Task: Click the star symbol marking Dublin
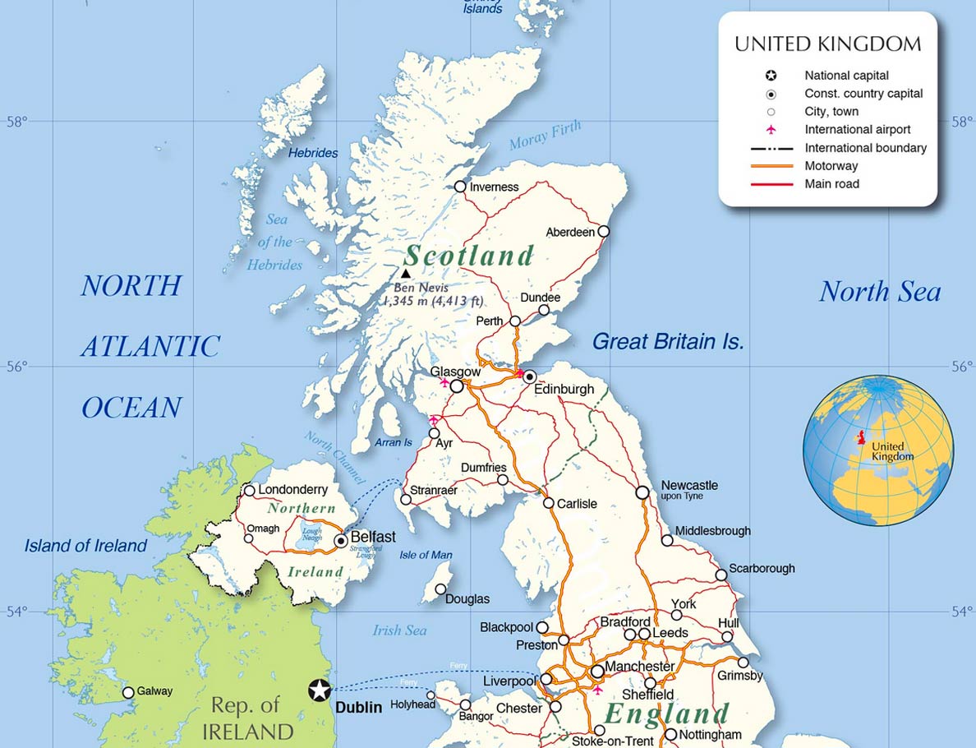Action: [x=320, y=690]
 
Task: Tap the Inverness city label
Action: [x=494, y=187]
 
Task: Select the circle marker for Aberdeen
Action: [x=604, y=232]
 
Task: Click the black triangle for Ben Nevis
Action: [x=406, y=274]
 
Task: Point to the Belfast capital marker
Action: [x=341, y=541]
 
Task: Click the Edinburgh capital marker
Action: [x=530, y=376]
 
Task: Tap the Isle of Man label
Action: [x=426, y=555]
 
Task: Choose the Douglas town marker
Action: [x=441, y=589]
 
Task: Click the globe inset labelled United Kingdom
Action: [x=878, y=450]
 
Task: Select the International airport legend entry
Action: [x=857, y=129]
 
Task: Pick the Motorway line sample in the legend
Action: [x=771, y=166]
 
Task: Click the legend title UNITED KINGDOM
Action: [x=827, y=44]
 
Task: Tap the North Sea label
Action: [x=879, y=292]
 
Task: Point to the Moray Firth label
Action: [x=545, y=136]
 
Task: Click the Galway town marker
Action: [x=128, y=692]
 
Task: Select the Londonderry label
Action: [x=292, y=490]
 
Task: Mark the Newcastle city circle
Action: [x=642, y=492]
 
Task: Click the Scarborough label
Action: [x=762, y=568]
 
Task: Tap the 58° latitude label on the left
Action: [x=17, y=122]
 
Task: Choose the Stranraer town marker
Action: [x=406, y=499]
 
